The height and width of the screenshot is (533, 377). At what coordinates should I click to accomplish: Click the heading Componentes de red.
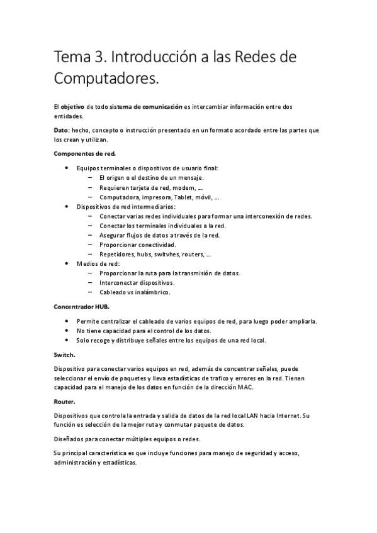[x=84, y=153]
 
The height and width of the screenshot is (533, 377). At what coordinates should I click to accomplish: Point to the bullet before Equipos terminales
[x=67, y=168]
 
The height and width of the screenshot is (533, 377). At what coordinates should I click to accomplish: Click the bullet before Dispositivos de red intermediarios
[x=67, y=206]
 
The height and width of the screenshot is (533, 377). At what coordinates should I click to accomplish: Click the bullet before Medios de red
[x=67, y=264]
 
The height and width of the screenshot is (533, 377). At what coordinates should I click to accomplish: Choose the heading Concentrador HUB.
[x=82, y=307]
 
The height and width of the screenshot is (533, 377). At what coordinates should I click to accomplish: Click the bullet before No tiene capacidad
[x=67, y=331]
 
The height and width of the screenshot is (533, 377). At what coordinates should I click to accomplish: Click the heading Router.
[x=65, y=401]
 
